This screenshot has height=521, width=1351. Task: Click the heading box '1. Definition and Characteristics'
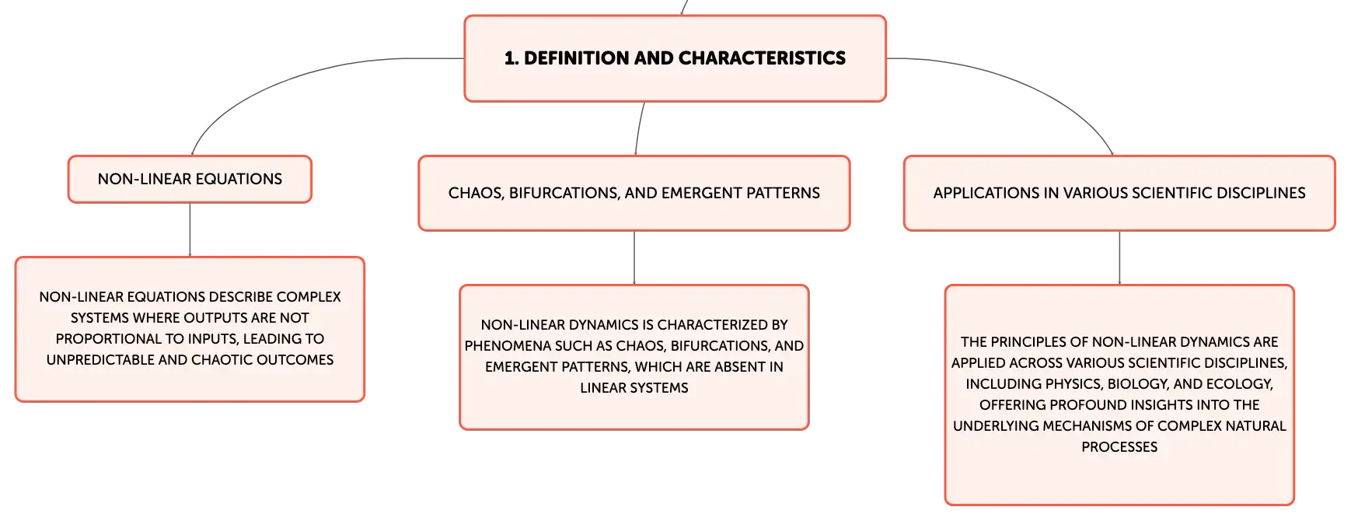tap(675, 58)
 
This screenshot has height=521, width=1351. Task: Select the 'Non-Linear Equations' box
tap(190, 179)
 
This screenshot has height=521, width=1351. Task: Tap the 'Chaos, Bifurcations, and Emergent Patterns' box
tap(634, 193)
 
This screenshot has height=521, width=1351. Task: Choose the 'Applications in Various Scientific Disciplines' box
tap(1119, 193)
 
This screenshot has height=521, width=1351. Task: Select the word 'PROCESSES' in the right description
tap(1119, 447)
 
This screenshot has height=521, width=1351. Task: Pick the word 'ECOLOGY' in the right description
tap(1243, 384)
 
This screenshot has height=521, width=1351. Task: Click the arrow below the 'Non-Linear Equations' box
tap(190, 230)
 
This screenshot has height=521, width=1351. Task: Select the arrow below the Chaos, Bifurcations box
tap(634, 258)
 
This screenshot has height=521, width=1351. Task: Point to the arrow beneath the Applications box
tap(1119, 258)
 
